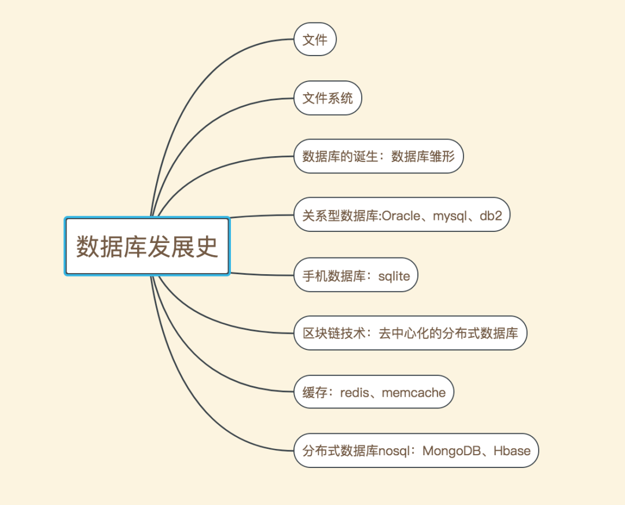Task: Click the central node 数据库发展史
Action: click(147, 246)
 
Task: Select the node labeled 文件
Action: click(315, 39)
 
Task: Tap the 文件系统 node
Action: click(328, 98)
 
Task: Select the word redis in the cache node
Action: click(354, 393)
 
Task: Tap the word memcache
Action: click(414, 393)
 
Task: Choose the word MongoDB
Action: click(453, 451)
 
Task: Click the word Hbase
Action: click(512, 451)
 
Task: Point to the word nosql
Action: click(394, 451)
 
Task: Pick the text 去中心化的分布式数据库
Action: click(448, 333)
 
